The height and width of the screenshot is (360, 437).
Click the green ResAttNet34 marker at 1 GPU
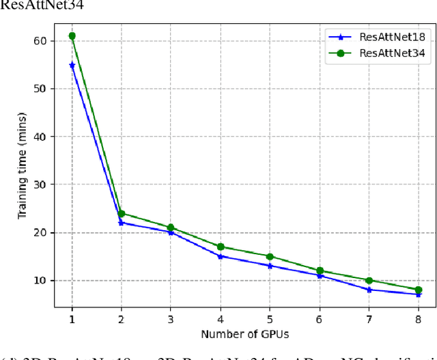tap(72, 36)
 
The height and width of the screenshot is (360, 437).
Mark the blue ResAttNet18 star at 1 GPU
tap(72, 65)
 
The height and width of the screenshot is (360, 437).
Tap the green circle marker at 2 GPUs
tap(121, 213)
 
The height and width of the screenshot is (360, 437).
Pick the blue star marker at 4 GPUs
tap(220, 256)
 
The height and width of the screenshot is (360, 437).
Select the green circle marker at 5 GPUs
tap(270, 256)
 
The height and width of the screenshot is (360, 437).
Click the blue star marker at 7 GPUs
tap(369, 290)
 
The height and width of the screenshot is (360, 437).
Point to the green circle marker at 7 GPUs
tap(369, 280)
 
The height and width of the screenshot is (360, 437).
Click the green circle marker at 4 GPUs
tap(220, 247)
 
